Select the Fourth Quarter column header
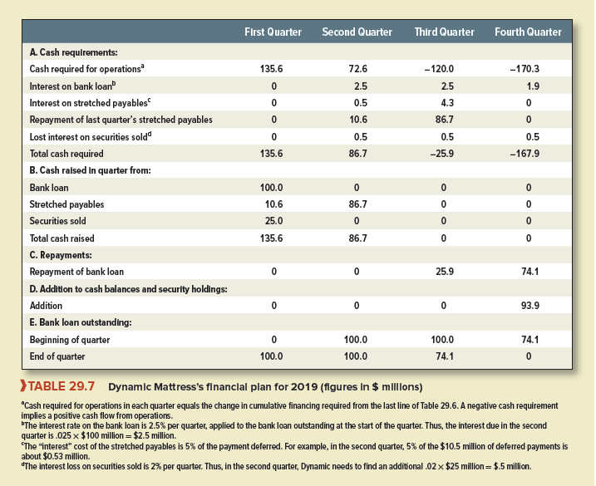point(528,32)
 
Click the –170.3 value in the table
point(528,68)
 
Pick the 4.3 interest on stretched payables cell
point(446,102)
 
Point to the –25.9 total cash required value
point(446,154)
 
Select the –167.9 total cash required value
point(528,154)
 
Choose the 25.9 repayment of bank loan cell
point(446,272)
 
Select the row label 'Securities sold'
point(57,222)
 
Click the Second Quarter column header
point(357,32)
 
